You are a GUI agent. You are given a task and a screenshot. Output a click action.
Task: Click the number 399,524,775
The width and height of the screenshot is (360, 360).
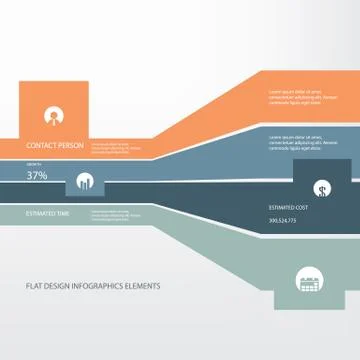point(284,220)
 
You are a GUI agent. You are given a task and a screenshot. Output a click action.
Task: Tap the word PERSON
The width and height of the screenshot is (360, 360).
point(71,146)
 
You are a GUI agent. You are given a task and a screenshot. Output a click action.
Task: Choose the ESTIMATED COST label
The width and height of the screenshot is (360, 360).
point(289,207)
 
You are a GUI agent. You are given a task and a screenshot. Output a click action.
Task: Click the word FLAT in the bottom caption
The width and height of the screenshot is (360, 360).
point(34,285)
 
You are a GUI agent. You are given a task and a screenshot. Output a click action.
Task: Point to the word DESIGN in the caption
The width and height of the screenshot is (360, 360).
point(59,285)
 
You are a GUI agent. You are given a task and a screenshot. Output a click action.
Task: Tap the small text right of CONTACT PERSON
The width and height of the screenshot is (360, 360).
point(112,147)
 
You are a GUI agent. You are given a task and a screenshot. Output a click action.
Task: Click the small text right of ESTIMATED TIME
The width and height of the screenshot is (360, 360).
point(112,214)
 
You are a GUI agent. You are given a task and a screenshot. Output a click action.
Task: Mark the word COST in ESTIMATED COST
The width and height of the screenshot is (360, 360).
point(302,207)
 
